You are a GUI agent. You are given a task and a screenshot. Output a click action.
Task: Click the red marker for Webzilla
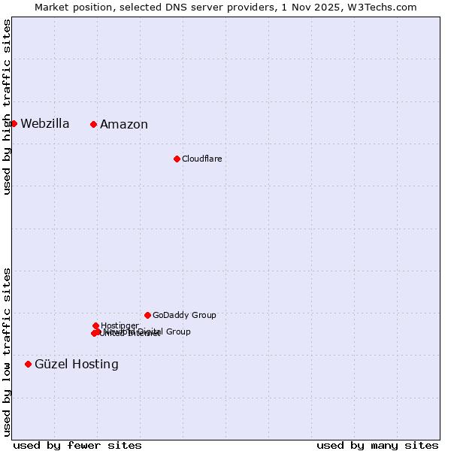[14, 123]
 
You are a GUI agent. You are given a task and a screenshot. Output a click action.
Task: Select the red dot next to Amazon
[93, 124]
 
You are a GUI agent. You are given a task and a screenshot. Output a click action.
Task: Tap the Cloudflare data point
[177, 159]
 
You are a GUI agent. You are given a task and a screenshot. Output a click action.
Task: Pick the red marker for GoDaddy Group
[147, 315]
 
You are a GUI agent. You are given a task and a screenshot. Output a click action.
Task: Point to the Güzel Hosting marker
[28, 364]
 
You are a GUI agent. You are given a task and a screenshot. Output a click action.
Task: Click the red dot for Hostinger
[95, 325]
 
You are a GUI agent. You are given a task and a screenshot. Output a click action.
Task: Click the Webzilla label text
[44, 124]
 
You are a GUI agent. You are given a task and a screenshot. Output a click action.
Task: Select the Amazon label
[124, 125]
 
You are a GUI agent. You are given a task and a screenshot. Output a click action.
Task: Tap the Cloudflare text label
[201, 159]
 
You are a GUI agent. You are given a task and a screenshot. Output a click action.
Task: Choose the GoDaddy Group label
[184, 316]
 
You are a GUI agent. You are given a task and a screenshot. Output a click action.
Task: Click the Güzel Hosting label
[76, 365]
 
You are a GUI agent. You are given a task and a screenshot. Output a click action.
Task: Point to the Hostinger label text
[120, 325]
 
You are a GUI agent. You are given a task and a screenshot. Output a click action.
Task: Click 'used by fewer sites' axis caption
[77, 446]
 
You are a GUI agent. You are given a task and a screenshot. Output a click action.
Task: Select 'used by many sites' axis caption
[377, 446]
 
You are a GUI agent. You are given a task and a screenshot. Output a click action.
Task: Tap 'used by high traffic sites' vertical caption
[7, 107]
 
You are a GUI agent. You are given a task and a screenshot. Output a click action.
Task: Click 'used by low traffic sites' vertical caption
[7, 352]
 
